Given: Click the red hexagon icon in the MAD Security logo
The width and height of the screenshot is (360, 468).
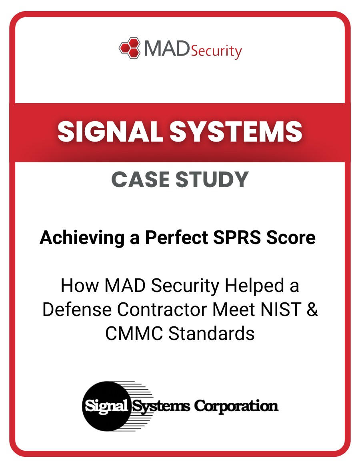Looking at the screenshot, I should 130,48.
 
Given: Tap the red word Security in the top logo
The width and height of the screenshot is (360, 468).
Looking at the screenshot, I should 216,51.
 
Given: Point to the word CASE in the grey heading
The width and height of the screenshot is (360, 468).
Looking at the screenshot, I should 140,180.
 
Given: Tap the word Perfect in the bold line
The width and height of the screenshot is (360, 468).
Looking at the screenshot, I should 176,238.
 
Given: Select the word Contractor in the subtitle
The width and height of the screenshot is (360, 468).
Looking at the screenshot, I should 186,310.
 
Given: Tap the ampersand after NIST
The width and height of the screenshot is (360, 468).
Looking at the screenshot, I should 312,310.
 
